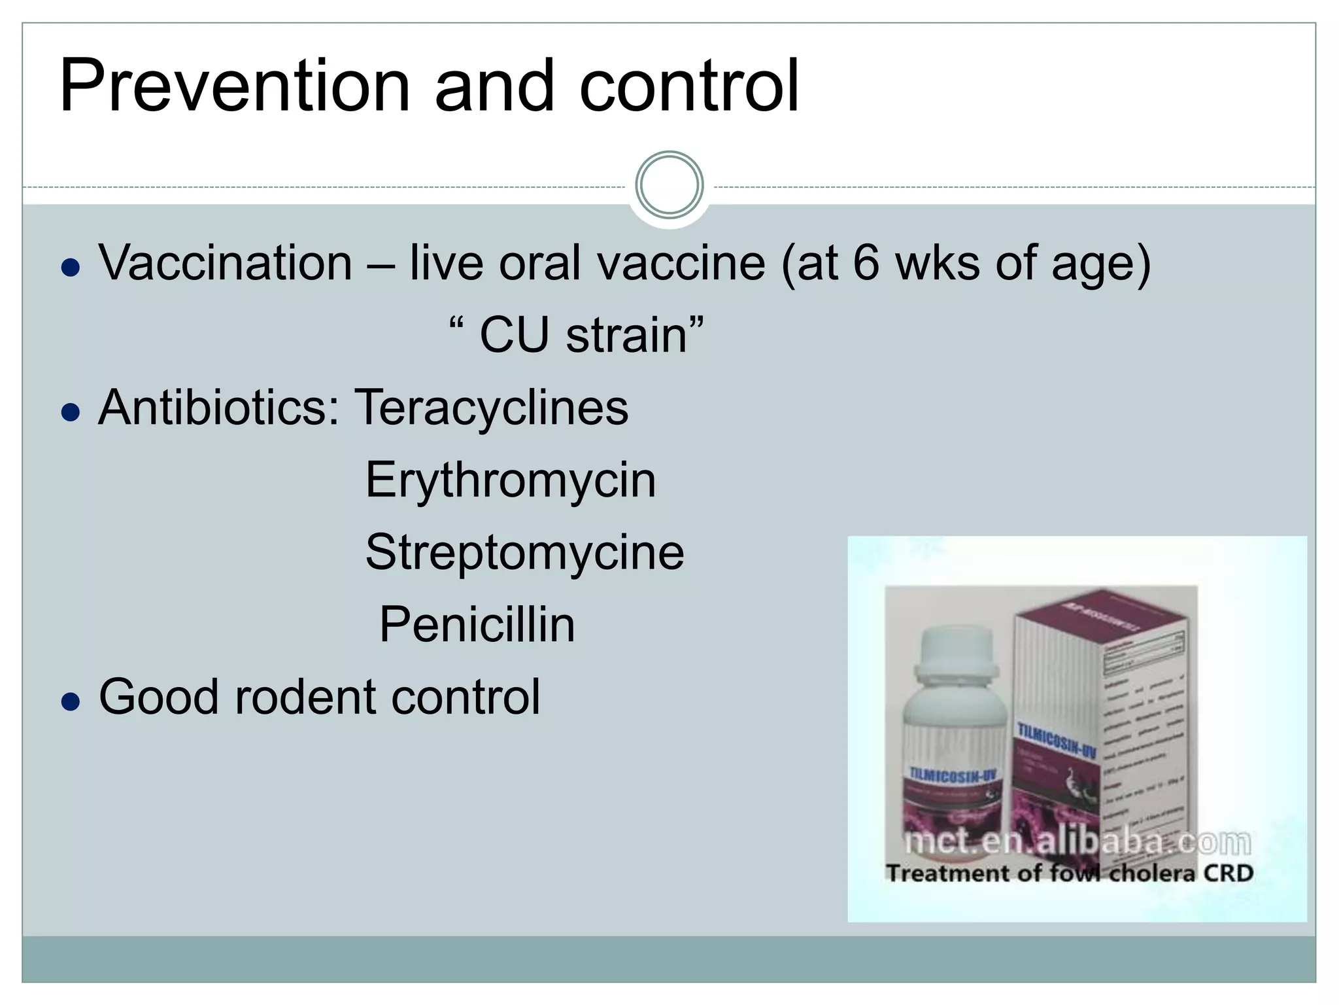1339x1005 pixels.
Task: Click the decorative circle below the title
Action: [x=669, y=185]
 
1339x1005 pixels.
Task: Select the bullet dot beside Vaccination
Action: [x=70, y=268]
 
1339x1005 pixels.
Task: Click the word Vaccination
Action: [x=226, y=263]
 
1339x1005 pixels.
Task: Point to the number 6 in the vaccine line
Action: [x=866, y=263]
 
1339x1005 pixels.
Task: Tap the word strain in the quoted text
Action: [x=626, y=336]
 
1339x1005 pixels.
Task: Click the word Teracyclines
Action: [x=491, y=408]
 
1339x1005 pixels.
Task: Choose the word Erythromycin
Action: [x=510, y=480]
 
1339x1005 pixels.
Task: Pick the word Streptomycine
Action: [x=524, y=553]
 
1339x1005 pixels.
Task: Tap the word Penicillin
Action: [x=477, y=625]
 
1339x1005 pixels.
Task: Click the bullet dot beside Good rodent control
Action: [x=70, y=702]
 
